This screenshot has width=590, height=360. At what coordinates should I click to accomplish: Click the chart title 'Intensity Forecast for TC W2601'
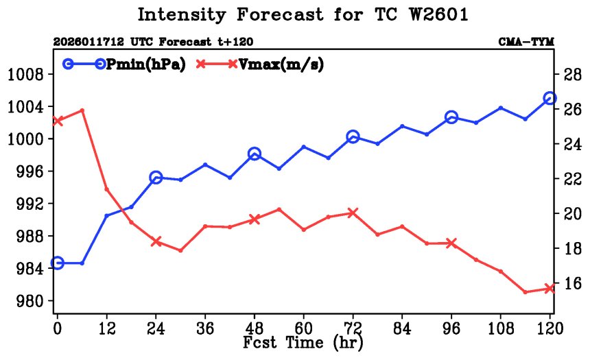coord(303,14)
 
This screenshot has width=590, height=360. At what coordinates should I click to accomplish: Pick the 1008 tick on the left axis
coord(25,74)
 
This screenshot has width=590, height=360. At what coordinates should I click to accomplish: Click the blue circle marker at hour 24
coord(156,178)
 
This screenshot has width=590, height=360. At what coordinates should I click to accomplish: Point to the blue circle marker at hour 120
coord(550,98)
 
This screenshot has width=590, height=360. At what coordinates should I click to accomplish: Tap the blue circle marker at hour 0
coord(58,263)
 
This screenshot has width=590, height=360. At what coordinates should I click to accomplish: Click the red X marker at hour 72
coord(353,213)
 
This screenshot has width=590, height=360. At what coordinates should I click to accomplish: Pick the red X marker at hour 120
coord(550,289)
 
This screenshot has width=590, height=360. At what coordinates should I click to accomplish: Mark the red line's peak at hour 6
coord(82,110)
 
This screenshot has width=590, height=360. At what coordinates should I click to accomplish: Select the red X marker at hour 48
coord(254,219)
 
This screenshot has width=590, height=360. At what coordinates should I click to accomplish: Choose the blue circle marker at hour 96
coord(451,117)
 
